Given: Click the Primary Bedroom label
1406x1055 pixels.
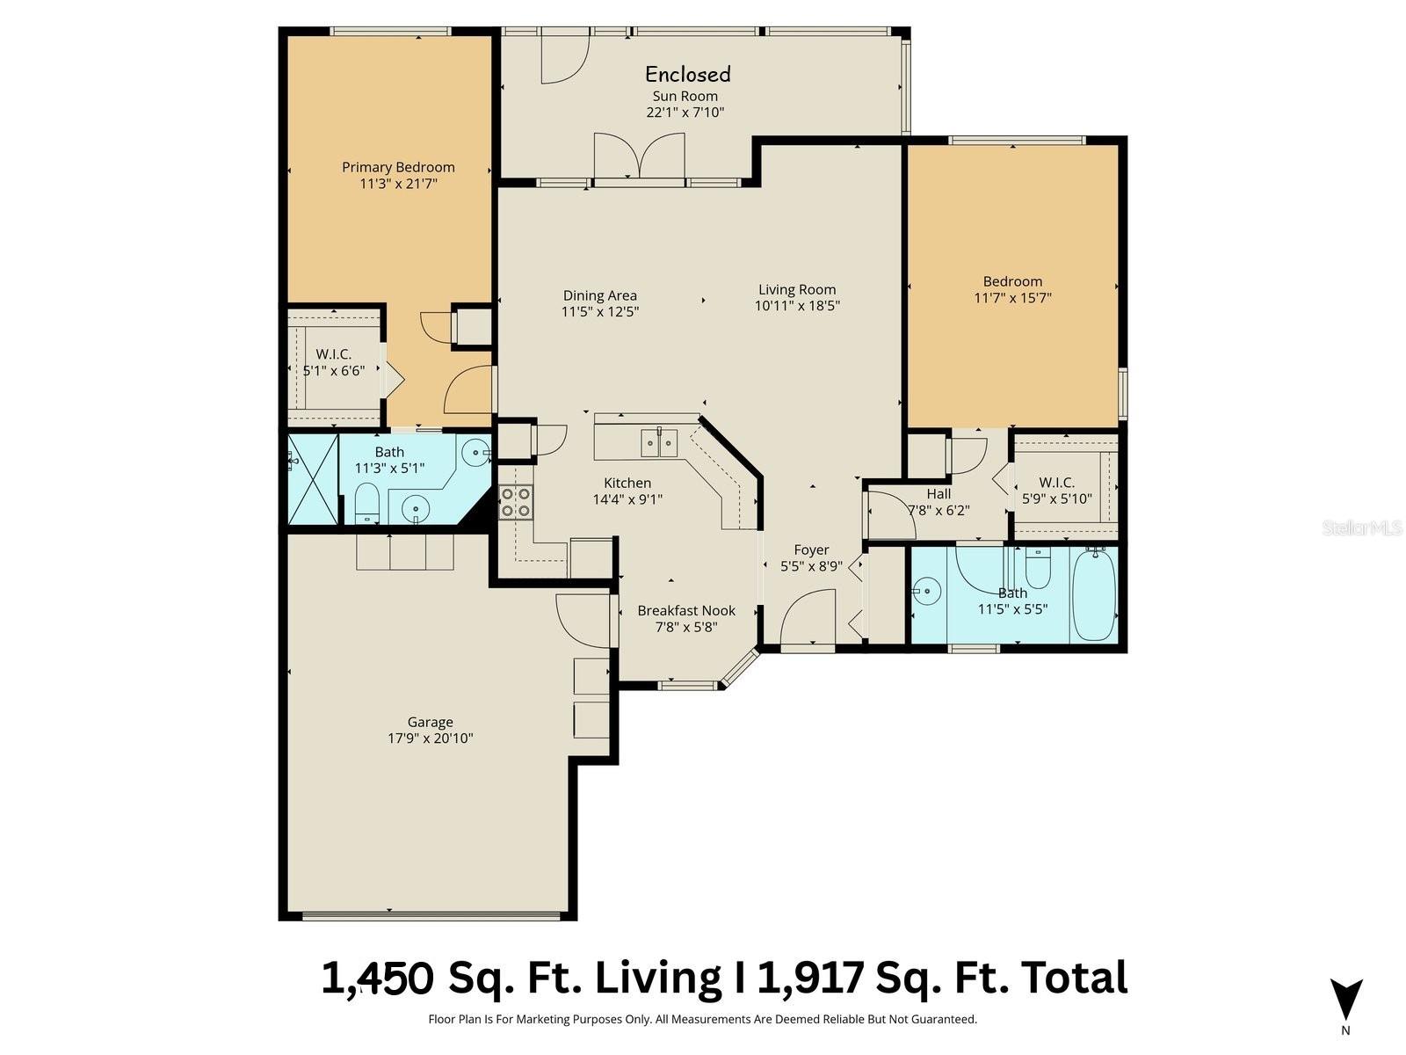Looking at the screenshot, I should click(398, 167).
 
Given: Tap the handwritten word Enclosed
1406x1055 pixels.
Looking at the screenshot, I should click(688, 74).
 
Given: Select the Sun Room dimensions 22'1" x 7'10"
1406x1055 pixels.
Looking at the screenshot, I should click(685, 113).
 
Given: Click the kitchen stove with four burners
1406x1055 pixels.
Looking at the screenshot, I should click(515, 501).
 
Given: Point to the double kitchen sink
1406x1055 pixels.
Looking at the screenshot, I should click(659, 442).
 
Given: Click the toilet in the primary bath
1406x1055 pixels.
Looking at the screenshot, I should click(366, 503).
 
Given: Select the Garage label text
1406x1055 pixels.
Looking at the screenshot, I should click(430, 722).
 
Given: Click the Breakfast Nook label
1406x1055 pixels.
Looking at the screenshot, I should click(686, 610).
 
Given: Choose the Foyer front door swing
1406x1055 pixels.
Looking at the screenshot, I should click(807, 620).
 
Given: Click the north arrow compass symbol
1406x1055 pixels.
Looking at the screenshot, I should click(1345, 1000).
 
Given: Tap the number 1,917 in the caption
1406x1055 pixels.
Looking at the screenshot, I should click(810, 978).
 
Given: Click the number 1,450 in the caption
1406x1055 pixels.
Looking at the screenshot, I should click(377, 978).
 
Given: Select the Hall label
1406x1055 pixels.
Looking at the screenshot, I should click(939, 494).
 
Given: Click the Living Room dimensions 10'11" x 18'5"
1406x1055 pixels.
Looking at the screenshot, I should click(797, 306).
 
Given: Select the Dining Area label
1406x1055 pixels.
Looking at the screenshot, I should click(600, 295).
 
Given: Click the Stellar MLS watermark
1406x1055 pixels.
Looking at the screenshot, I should click(1361, 527).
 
